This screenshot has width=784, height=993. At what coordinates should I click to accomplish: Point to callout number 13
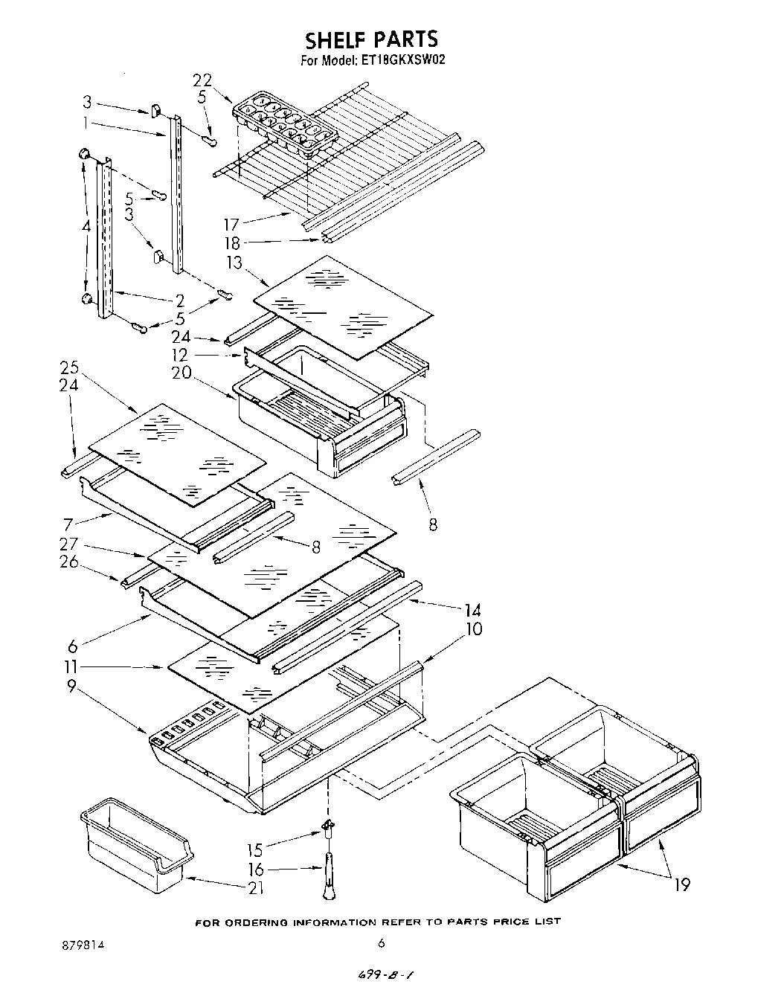[235, 262]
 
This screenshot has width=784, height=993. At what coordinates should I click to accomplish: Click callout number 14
[472, 611]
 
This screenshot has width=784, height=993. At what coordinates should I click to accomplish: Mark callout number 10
[472, 629]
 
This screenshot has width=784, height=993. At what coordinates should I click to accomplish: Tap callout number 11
[72, 667]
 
